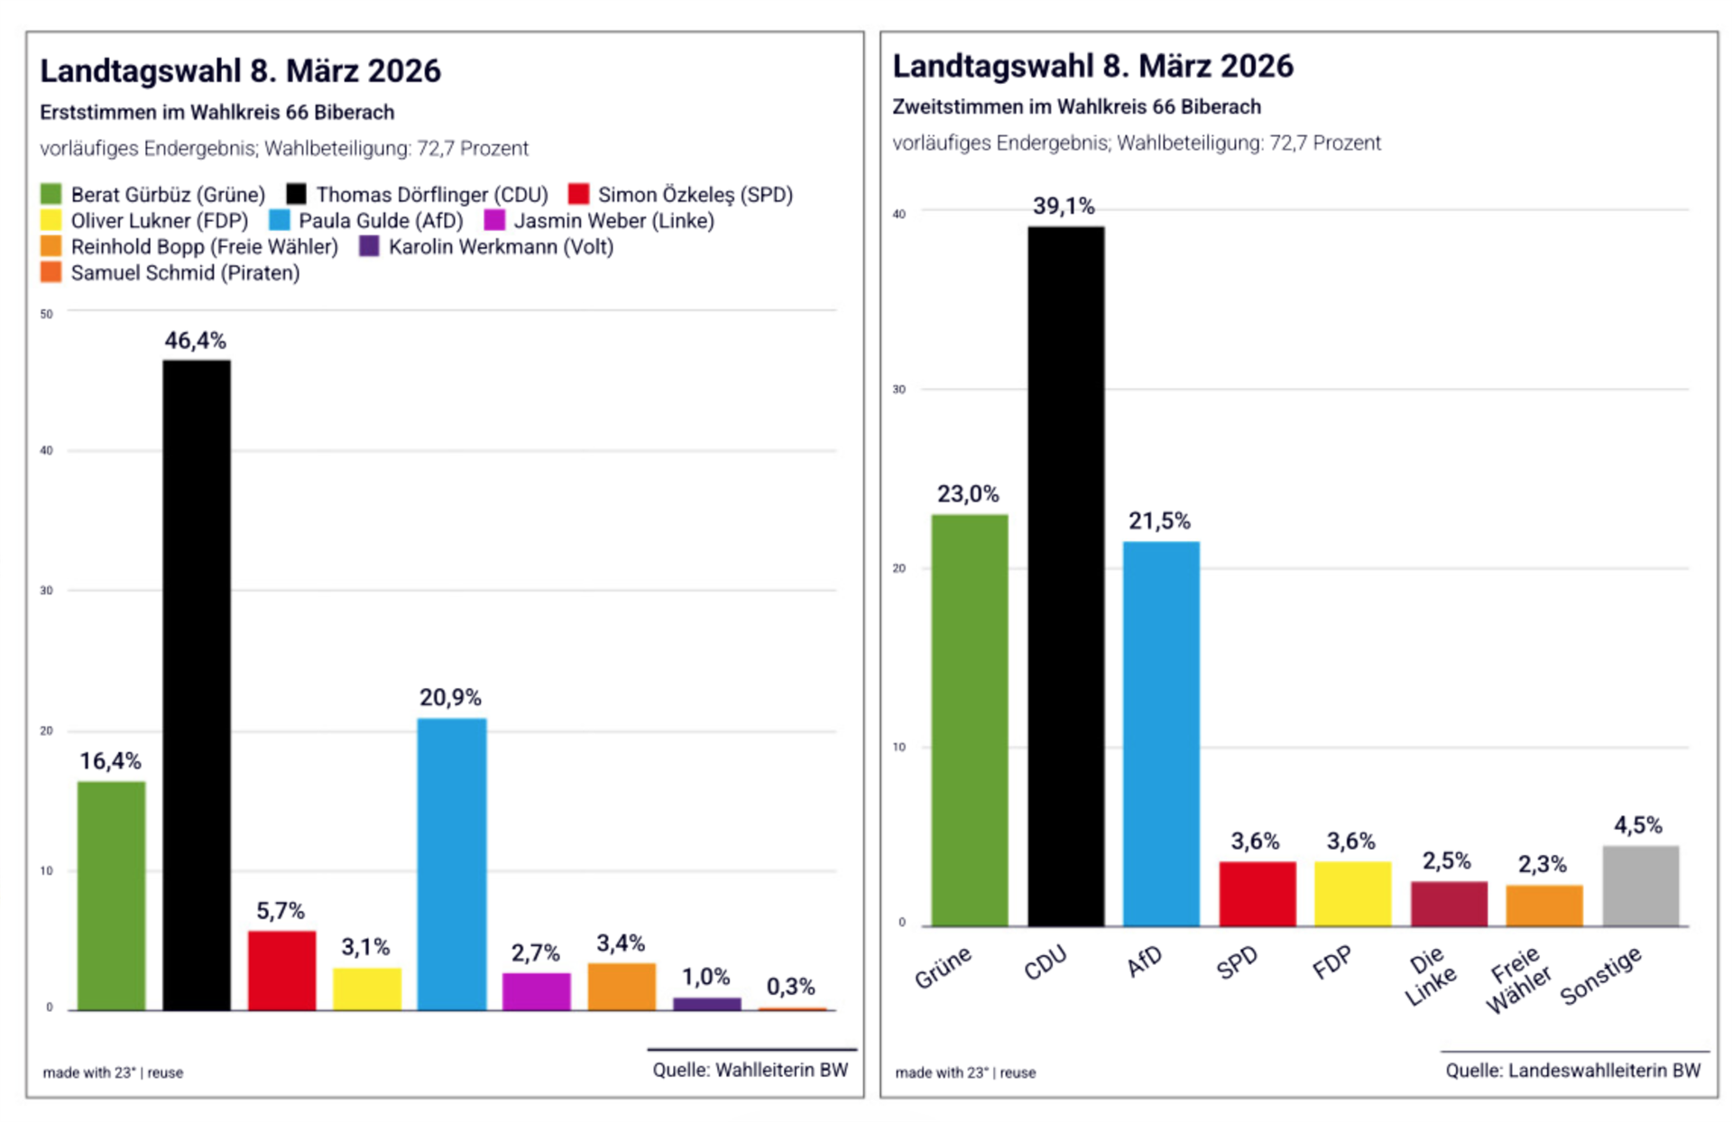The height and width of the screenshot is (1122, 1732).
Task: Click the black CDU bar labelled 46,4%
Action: [x=197, y=685]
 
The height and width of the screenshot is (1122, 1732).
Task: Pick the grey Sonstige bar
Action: [x=1640, y=886]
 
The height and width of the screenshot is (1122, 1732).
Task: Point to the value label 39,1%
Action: [x=1064, y=207]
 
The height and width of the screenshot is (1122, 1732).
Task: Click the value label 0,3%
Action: [x=790, y=987]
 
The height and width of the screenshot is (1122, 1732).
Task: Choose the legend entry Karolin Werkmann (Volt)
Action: [x=501, y=247]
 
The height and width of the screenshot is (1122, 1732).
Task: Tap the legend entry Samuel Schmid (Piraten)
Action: [x=185, y=273]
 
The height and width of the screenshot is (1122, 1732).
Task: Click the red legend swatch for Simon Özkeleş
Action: [x=578, y=195]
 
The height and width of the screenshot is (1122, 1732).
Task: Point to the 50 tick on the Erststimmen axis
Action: [x=47, y=314]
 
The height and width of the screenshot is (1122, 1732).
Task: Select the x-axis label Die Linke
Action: [x=1430, y=976]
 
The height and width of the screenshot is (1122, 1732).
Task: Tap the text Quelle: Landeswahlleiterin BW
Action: [x=1572, y=1071]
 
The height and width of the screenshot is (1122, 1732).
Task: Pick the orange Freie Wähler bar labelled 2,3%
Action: [x=1543, y=906]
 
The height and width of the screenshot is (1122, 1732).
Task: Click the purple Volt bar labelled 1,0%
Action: [x=707, y=1004]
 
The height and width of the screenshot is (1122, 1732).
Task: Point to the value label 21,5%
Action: [x=1159, y=521]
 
